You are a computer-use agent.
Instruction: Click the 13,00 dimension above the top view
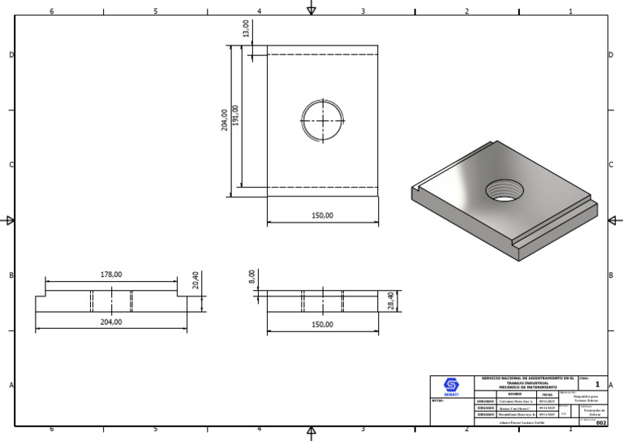246,28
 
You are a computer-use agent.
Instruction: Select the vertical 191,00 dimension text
236,115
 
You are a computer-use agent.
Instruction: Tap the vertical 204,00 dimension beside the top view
225,120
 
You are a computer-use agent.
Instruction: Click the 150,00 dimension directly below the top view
322,216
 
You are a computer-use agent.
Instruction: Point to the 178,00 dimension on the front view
111,275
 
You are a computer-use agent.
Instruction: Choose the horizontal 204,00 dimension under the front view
111,322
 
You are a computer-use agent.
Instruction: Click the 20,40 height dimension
195,280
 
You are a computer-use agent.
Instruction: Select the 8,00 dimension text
252,277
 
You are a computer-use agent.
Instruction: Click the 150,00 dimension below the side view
322,325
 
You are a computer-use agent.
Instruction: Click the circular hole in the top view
322,120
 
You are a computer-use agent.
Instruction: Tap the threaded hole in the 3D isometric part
504,192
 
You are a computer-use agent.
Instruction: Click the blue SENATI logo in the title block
451,386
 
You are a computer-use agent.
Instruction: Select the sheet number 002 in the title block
600,423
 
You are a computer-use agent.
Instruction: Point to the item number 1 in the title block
598,385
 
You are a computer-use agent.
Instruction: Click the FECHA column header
547,394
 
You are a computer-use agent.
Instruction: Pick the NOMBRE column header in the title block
515,394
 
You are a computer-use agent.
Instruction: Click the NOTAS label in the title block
437,400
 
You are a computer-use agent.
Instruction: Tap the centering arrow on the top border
311,9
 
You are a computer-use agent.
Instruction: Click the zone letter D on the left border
11,55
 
